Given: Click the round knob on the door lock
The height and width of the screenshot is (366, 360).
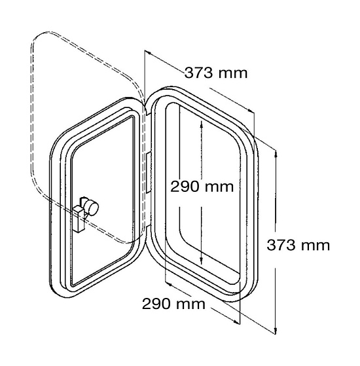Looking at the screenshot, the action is (x=92, y=208).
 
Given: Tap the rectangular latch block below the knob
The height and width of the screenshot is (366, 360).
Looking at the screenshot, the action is (x=79, y=219).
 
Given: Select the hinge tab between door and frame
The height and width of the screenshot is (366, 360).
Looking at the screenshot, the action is (x=149, y=173).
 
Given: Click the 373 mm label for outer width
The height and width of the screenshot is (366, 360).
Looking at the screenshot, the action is (x=216, y=73).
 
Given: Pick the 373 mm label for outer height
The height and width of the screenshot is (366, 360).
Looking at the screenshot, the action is (x=298, y=245).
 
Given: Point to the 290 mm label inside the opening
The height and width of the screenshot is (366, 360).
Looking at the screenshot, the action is (x=202, y=187).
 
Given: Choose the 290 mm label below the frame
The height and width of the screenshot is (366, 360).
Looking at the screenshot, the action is (x=173, y=304).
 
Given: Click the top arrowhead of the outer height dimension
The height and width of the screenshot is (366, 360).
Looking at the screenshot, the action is (x=276, y=154).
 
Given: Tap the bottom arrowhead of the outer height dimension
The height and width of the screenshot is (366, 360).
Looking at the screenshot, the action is (x=276, y=330).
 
